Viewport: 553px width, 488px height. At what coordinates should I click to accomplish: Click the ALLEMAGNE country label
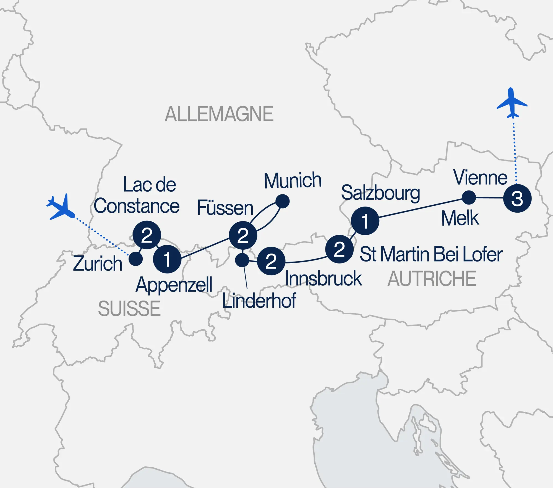219,114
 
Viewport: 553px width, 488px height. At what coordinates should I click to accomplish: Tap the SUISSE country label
129,309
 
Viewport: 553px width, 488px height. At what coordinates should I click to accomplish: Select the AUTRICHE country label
432,279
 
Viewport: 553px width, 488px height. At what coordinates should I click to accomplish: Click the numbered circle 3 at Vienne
517,198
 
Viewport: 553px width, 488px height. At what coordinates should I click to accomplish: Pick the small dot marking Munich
282,201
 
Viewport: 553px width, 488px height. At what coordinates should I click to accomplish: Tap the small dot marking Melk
469,197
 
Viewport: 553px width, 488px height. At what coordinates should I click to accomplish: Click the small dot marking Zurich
135,259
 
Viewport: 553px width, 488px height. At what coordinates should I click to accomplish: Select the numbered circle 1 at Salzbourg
365,221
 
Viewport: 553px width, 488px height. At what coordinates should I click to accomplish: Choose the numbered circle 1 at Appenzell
167,259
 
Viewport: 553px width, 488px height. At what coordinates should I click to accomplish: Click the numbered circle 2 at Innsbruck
271,261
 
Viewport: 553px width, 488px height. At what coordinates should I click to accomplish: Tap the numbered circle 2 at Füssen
243,235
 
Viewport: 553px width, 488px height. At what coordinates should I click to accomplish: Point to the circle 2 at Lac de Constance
147,235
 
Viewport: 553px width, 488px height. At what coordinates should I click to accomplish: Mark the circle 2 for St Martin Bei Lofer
339,249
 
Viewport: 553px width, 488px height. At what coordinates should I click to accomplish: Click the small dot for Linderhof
242,260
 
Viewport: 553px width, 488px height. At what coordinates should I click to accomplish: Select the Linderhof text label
259,301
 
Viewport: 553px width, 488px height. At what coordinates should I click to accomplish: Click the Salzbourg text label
380,193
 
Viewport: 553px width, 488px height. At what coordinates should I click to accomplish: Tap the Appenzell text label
174,285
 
